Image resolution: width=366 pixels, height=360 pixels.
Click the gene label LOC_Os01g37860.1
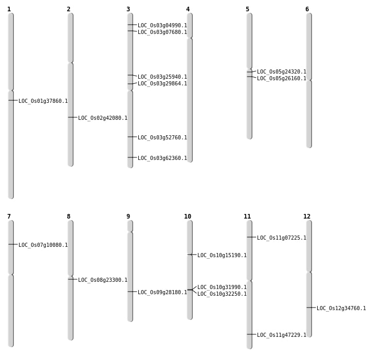43,101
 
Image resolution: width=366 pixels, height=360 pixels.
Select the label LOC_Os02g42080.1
103,118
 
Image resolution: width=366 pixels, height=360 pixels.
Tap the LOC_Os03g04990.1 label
162,26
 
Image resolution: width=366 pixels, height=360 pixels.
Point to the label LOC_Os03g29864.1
162,84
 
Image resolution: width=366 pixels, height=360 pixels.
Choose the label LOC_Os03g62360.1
162,158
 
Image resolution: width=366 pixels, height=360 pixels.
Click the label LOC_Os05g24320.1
282,72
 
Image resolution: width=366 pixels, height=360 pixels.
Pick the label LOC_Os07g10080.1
43,245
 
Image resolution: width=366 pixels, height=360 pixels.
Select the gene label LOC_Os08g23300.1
103,280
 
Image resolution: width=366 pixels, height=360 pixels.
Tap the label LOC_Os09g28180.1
162,293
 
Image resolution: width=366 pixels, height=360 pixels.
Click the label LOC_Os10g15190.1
222,256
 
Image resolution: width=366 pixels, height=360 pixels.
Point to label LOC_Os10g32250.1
222,294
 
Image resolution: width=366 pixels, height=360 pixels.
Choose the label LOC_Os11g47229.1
282,335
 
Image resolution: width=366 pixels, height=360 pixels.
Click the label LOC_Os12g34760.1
341,309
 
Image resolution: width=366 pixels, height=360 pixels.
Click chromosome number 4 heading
188,9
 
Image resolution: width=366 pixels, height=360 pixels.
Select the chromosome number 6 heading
307,9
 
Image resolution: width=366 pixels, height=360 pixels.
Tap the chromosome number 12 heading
307,217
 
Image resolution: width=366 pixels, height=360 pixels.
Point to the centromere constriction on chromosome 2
70,62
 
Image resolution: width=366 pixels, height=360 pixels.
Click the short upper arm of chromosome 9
130,226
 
